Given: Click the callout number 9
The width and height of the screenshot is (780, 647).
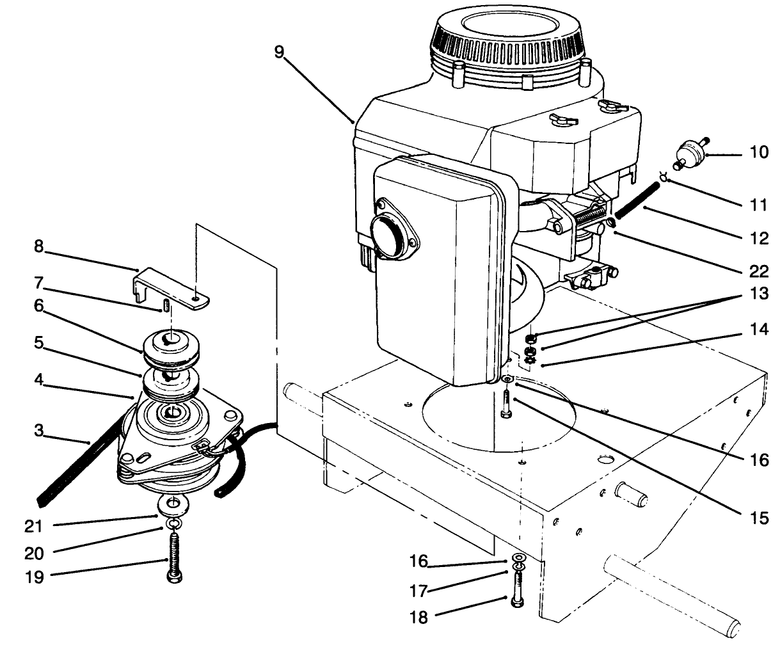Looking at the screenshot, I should click(279, 52).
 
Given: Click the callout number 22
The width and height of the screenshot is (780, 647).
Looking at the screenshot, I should click(759, 271).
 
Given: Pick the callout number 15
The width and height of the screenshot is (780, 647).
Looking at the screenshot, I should click(759, 518).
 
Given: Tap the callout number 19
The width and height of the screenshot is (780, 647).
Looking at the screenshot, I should click(35, 577).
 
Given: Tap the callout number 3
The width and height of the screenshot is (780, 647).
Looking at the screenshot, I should click(39, 431).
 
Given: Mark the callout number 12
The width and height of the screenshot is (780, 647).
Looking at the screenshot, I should click(759, 238).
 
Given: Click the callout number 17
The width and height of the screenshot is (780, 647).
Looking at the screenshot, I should click(419, 589).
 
